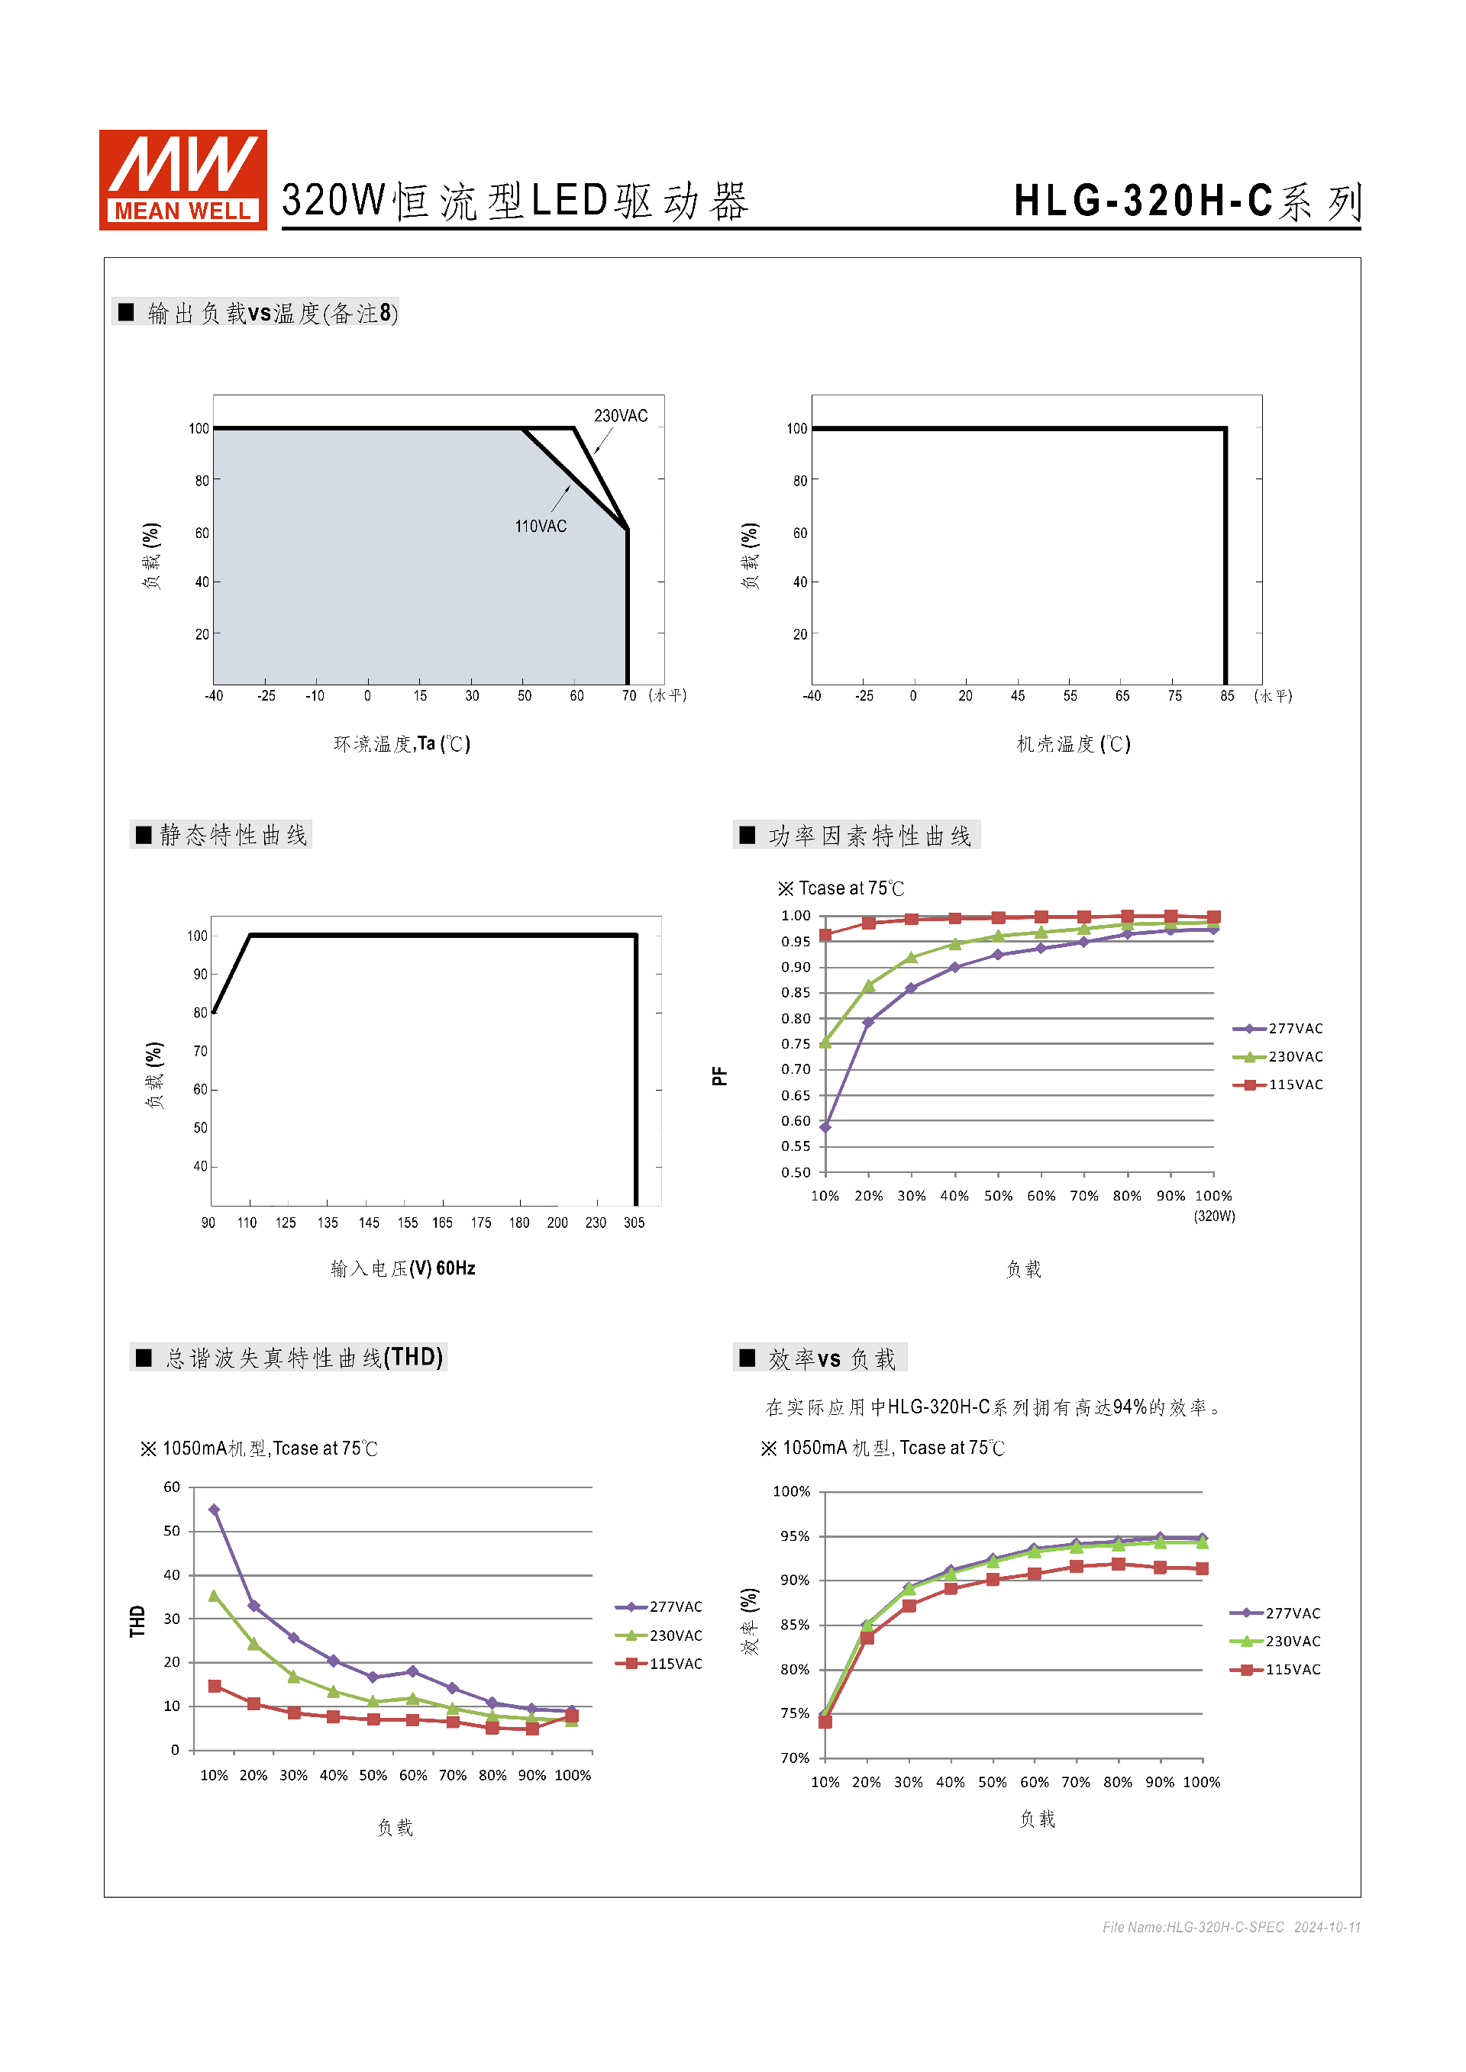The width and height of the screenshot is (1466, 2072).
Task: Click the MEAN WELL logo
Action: (x=182, y=179)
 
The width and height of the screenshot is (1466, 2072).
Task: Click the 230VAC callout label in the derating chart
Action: (x=620, y=416)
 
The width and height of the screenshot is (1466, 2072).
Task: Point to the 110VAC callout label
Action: (x=540, y=526)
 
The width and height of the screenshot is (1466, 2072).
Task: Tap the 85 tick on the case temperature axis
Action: (x=1227, y=696)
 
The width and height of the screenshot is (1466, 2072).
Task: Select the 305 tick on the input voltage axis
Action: (x=634, y=1223)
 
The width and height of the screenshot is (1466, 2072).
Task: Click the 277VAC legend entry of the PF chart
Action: (x=1278, y=1029)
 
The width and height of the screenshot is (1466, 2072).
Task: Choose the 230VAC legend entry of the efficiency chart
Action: (x=1276, y=1642)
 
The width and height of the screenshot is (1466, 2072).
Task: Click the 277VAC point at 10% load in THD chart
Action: (x=214, y=1510)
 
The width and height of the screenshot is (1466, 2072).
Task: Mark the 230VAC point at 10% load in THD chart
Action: (x=214, y=1596)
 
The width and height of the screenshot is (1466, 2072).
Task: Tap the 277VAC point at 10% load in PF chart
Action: (x=825, y=1127)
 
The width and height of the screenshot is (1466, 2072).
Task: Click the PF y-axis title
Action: (x=719, y=1076)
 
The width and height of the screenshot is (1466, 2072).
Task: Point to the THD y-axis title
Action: (x=137, y=1621)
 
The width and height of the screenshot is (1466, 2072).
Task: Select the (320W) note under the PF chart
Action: (x=1214, y=1216)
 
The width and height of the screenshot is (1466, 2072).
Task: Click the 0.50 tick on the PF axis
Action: (x=796, y=1172)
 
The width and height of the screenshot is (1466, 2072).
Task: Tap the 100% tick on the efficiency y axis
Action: (x=791, y=1492)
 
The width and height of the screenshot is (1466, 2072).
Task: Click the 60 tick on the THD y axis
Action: (x=172, y=1487)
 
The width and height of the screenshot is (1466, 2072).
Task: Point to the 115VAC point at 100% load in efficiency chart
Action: (x=1202, y=1568)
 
